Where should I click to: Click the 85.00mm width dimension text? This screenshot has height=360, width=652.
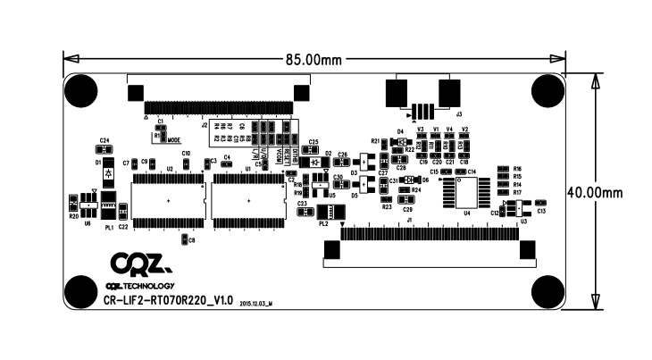click(x=313, y=60)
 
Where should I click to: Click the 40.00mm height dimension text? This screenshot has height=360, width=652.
click(x=611, y=192)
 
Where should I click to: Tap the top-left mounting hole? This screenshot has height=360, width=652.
click(x=82, y=90)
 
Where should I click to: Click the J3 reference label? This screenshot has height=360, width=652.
click(x=459, y=114)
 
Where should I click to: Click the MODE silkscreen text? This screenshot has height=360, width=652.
click(x=173, y=140)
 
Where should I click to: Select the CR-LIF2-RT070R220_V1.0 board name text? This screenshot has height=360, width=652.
click(x=169, y=300)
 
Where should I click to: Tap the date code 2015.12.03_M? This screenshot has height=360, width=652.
click(x=255, y=304)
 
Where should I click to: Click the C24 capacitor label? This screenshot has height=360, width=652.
click(x=104, y=140)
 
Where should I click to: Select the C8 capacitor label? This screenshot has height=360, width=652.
click(x=192, y=239)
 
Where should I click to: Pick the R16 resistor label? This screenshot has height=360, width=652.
click(x=517, y=168)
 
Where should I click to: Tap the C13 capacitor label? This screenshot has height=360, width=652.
click(x=541, y=211)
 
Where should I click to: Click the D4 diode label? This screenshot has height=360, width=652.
click(x=401, y=131)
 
